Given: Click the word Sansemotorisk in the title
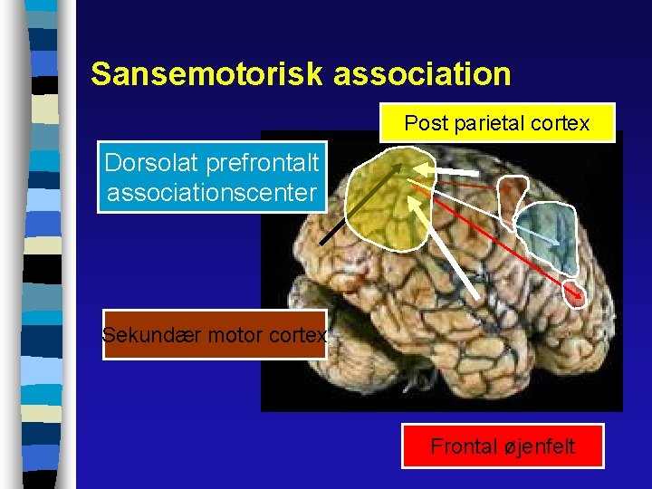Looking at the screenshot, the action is [207, 73].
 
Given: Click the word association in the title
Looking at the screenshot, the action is [422, 73].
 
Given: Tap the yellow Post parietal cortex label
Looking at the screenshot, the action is [496, 122].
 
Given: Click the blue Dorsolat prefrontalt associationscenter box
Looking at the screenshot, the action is [212, 177].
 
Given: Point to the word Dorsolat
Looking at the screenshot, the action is [152, 163].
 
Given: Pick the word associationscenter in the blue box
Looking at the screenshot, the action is [212, 192].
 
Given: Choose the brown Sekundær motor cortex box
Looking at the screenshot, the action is [215, 335].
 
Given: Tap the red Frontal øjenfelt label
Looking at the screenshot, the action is [503, 446].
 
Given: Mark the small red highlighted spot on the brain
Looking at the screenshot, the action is [573, 291].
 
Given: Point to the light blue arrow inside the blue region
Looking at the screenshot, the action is [543, 234].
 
